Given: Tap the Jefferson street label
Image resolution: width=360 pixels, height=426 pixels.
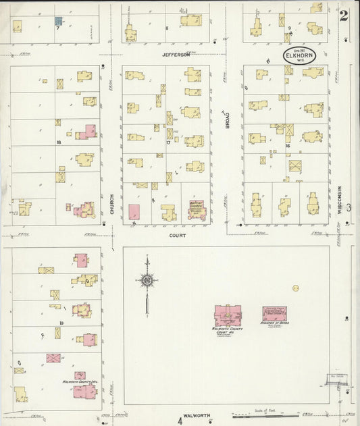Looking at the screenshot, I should coord(175,55).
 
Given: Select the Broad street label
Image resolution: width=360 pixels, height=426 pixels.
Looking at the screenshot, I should coord(228,119).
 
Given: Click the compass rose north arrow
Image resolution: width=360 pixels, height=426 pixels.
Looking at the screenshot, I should coord(147,280).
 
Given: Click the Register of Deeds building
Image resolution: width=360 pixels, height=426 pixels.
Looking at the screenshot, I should coord(274,313).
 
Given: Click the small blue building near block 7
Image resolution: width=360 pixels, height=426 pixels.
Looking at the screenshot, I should coord(59,21).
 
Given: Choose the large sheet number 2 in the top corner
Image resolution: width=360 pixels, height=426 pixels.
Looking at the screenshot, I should coord(344,16).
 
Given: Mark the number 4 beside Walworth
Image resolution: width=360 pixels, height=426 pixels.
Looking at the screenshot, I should coord(180,421).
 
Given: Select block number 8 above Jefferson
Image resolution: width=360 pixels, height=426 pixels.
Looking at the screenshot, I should coord(166,28).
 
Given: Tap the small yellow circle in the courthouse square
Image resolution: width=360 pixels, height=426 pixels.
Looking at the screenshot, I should coord(295,288).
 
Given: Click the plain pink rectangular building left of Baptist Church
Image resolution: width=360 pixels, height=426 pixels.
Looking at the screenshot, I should coord(134,211).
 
